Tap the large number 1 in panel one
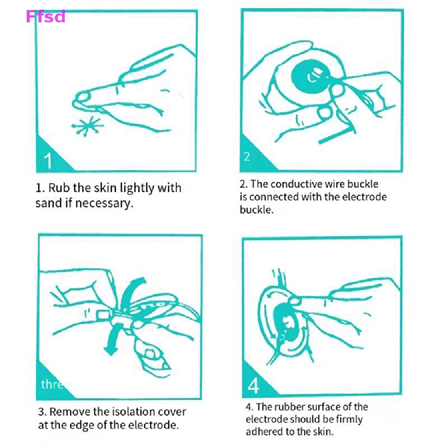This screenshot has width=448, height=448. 48,161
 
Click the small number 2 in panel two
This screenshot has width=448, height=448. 247,156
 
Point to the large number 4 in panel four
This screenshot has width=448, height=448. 253,385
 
